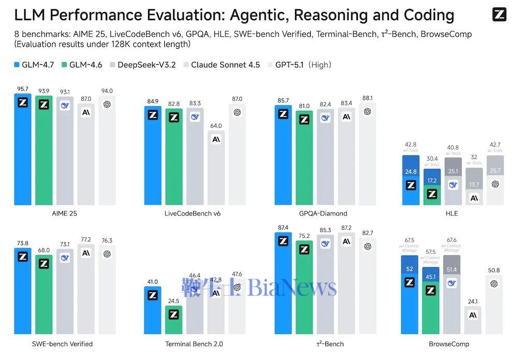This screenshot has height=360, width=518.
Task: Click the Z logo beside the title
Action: point(499,15)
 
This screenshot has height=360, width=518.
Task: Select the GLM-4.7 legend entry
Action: point(34,65)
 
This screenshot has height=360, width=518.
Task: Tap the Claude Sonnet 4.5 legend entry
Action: point(222,65)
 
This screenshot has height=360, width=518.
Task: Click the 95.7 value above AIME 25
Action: point(23,89)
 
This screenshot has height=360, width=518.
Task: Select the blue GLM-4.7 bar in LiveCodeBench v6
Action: point(153,161)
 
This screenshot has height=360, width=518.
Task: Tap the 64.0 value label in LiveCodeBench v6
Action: point(216,125)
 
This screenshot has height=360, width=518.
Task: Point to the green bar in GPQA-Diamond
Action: point(304,161)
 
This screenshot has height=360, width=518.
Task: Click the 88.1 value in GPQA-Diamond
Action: point(367,98)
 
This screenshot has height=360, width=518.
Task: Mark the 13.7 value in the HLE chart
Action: point(474,185)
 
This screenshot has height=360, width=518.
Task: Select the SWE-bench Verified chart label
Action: point(54,343)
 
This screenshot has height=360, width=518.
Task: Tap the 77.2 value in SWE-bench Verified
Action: point(86,239)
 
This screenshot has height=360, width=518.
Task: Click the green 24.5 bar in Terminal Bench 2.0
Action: point(174,321)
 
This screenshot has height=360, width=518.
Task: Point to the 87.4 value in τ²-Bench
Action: point(283,227)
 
